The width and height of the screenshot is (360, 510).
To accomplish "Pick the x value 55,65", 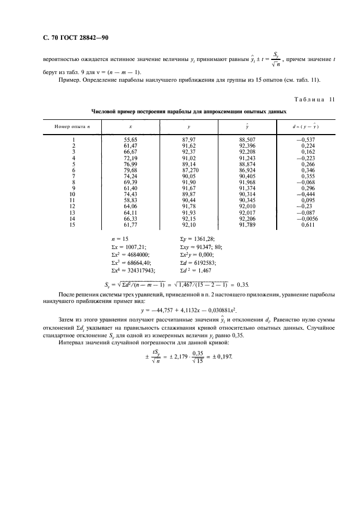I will point(131,139).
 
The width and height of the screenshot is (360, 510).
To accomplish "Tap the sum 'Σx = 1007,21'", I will point(130,246).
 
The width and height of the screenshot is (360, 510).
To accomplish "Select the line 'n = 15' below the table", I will point(120,239).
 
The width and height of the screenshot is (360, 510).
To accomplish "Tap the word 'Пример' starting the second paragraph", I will point(68,81).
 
